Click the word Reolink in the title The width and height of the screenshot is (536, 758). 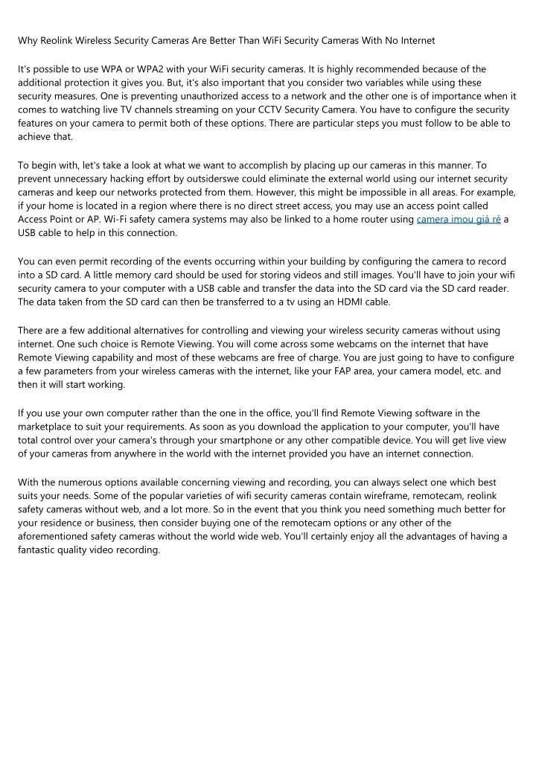coord(60,39)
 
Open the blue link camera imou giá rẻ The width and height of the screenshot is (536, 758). coord(459,219)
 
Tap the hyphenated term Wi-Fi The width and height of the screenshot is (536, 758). coord(114,219)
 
